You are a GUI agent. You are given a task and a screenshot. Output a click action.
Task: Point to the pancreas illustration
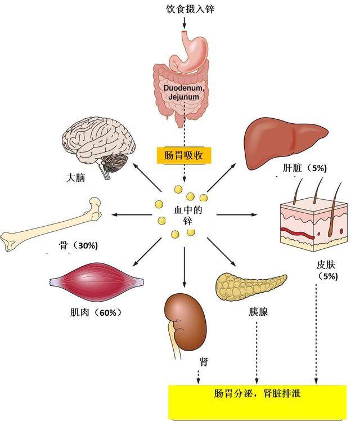click(250, 285)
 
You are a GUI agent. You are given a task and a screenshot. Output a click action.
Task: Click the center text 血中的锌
click(184, 214)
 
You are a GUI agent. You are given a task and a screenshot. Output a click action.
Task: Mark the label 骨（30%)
click(78, 246)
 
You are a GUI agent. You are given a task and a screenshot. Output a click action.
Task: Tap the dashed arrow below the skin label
click(316, 332)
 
